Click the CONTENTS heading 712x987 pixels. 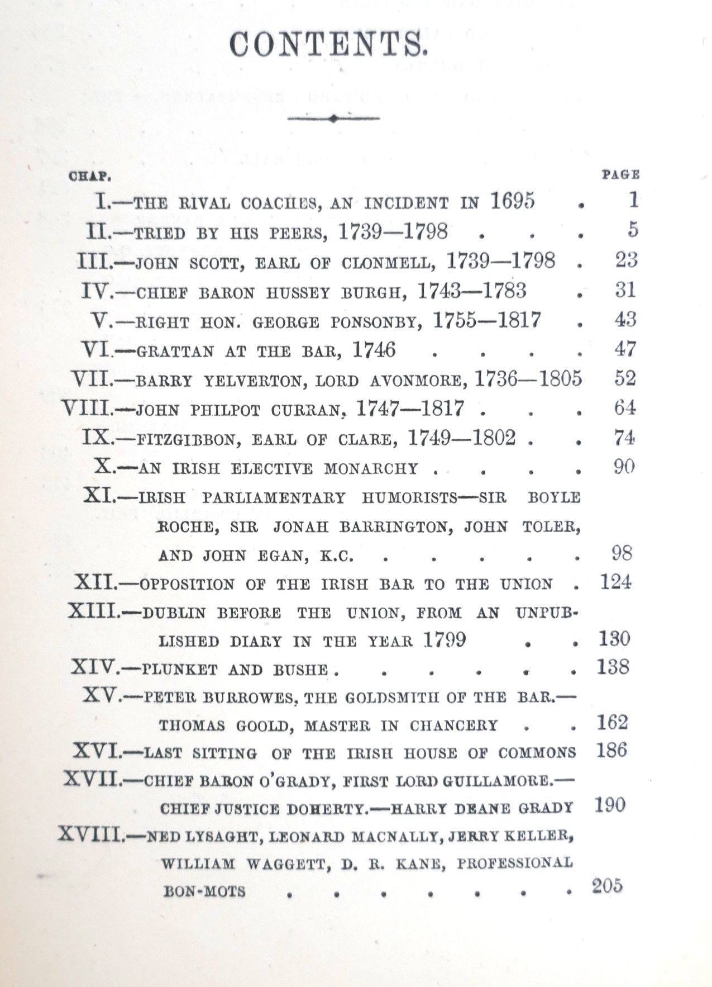coord(328,44)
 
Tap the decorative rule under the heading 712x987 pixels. coord(333,118)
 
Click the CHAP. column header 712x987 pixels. coord(90,177)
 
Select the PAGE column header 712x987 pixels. coord(620,174)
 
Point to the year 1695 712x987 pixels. coord(513,201)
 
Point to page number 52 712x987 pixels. coord(625,378)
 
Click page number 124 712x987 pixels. coord(615,582)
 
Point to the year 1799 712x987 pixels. coord(444,639)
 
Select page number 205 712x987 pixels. coord(607,886)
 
